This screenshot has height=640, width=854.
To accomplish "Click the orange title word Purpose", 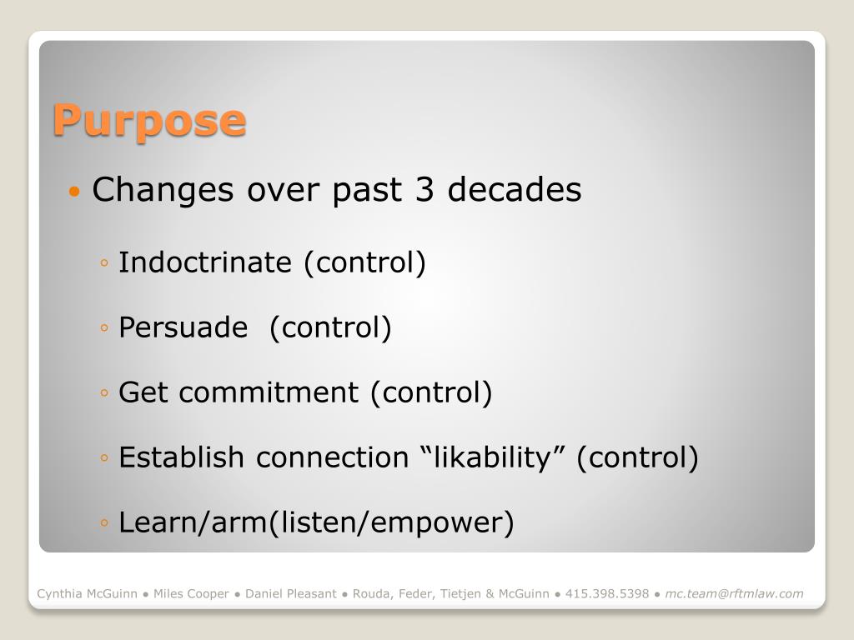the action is (150, 122).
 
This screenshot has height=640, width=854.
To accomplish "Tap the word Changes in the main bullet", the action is (163, 190).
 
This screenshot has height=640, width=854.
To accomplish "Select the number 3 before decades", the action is (424, 189).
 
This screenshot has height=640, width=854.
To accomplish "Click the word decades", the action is (514, 189).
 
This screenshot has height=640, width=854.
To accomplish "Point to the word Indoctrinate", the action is (205, 262).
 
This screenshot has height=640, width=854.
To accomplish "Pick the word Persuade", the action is (183, 327).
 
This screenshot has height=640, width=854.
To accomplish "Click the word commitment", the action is (269, 392).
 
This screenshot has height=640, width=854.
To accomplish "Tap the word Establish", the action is (181, 457).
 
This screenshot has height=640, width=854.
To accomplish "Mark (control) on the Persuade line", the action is (330, 327).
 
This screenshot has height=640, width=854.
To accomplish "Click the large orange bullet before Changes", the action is (74, 191).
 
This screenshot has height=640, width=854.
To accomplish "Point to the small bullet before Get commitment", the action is (104, 392).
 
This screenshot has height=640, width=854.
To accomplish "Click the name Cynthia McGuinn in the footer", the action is (87, 593).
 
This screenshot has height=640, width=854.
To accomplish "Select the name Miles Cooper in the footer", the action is (191, 593).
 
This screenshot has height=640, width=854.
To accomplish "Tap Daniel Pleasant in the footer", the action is (291, 593).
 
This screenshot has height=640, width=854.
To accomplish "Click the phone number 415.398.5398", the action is (607, 593).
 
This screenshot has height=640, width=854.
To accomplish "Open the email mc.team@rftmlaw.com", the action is (734, 593).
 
